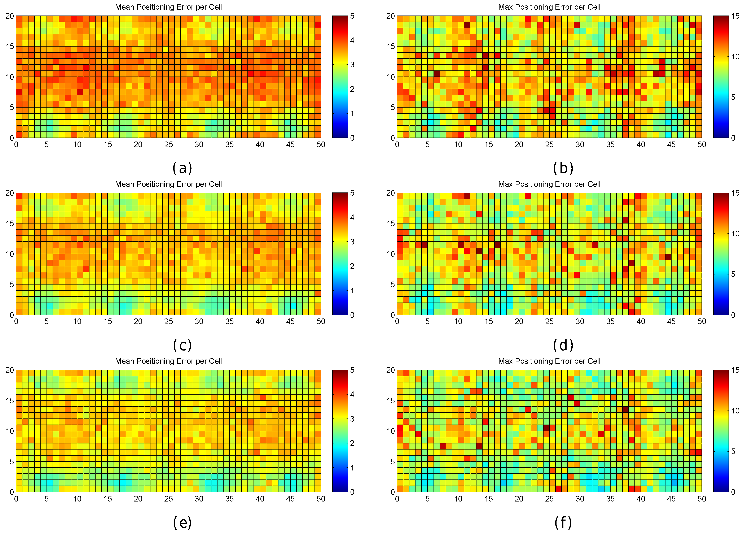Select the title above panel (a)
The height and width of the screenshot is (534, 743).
pyautogui.click(x=168, y=7)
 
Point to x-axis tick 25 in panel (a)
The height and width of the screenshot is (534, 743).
pyautogui.click(x=168, y=145)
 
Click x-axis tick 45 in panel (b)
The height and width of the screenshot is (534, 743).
pyautogui.click(x=671, y=145)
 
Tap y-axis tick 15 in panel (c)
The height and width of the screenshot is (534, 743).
pyautogui.click(x=10, y=223)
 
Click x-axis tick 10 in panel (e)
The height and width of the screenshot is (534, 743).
pyautogui.click(x=77, y=499)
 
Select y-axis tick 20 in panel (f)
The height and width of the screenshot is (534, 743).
pyautogui.click(x=391, y=370)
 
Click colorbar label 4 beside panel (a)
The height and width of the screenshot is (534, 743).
pyautogui.click(x=352, y=40)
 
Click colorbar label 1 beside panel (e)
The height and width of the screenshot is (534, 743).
pyautogui.click(x=352, y=468)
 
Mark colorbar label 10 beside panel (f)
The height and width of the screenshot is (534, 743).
pyautogui.click(x=735, y=411)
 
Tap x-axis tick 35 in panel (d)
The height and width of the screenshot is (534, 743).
pyautogui.click(x=610, y=322)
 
